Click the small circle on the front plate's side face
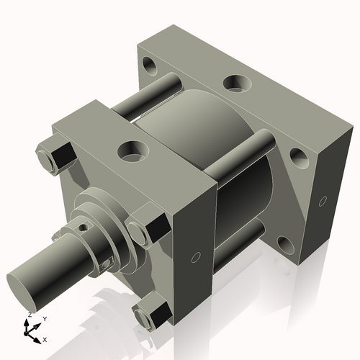coord(195,258)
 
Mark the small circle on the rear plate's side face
coord(323,199)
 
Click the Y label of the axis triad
coord(44,318)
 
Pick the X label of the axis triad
coord(45,338)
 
